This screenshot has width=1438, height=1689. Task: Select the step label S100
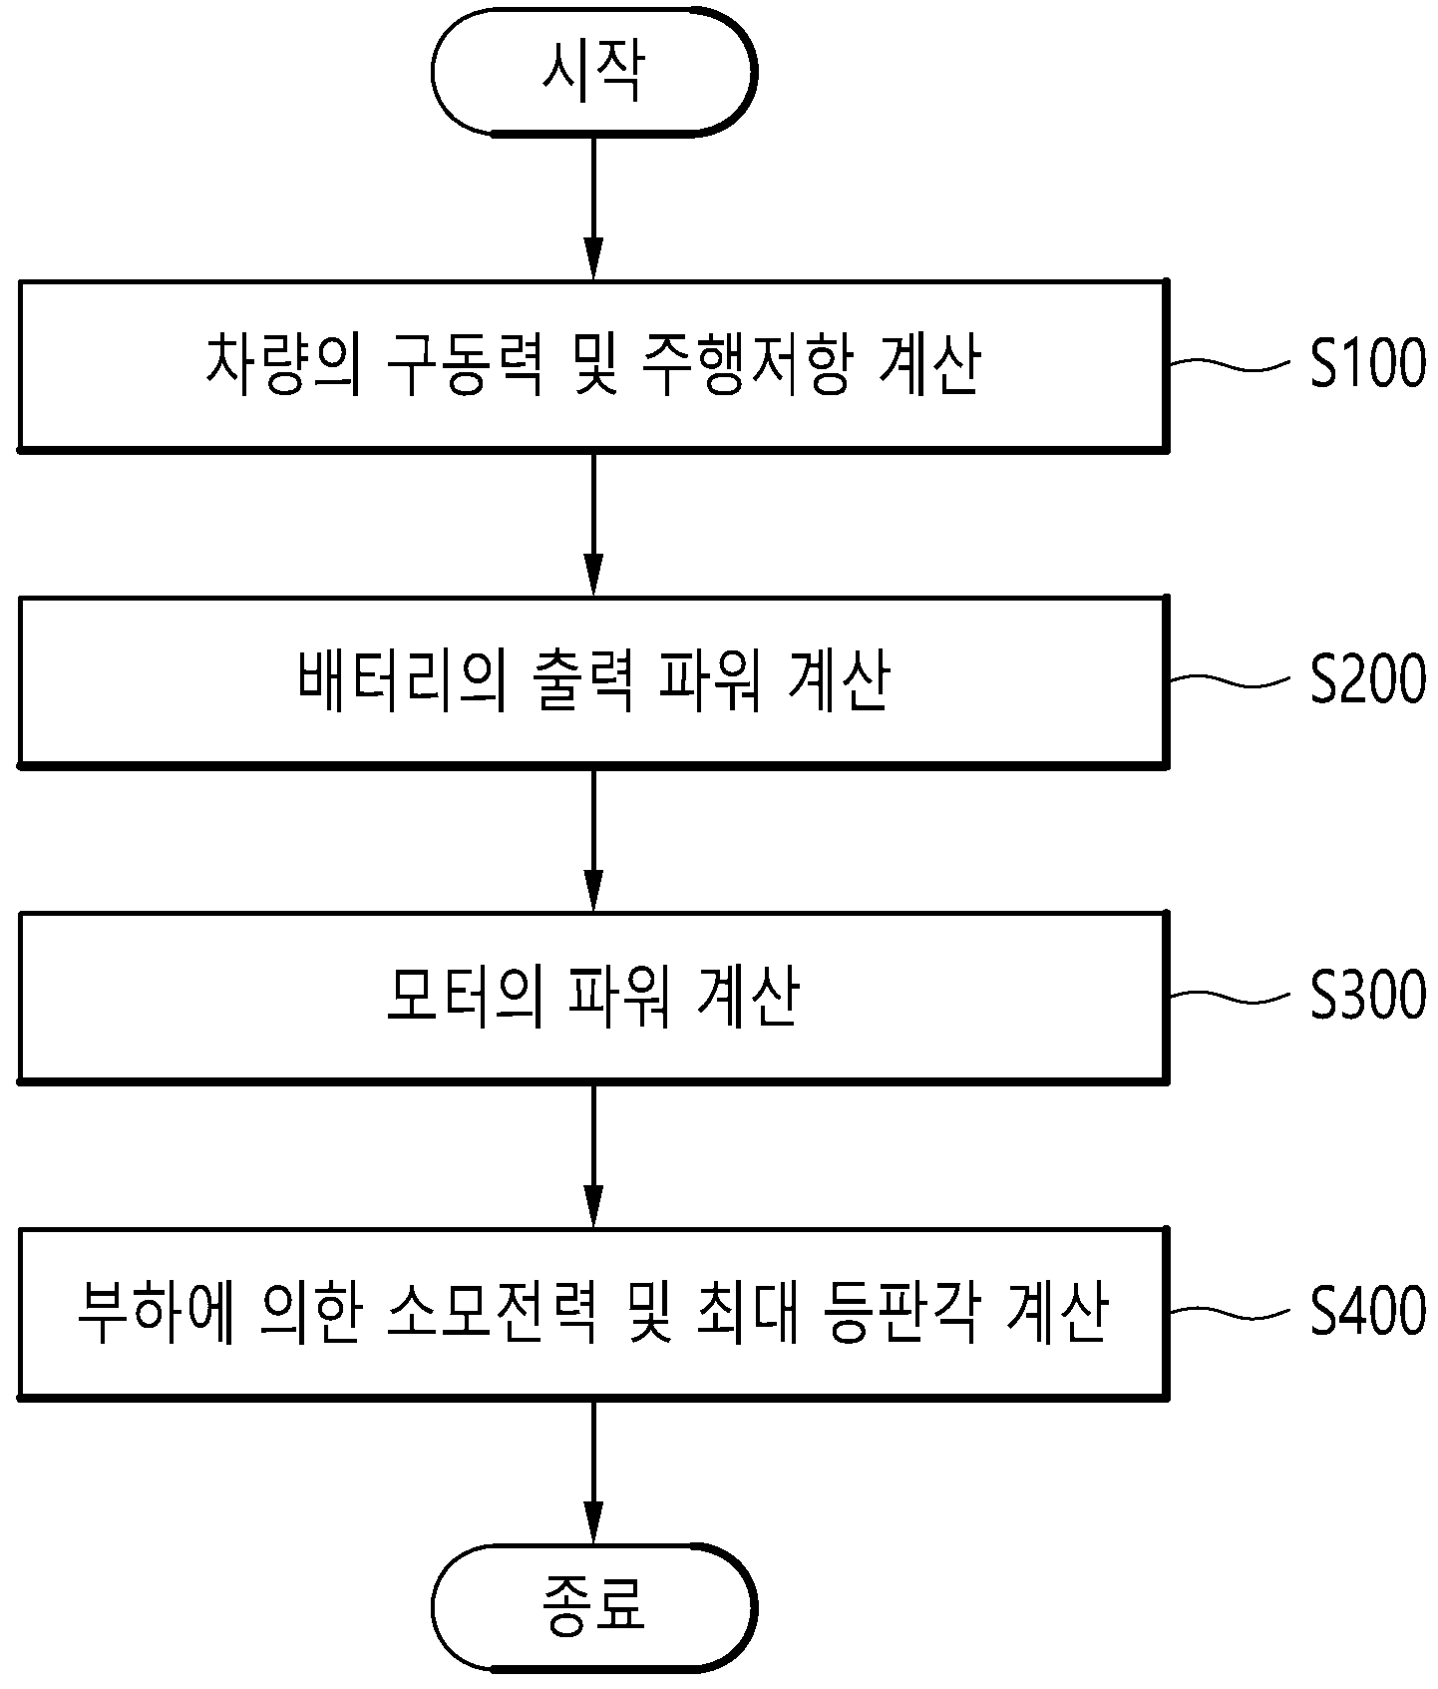click(1367, 364)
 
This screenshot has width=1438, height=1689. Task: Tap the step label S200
click(1367, 680)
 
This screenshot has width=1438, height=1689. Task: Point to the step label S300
click(1367, 996)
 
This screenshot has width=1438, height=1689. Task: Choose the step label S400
click(1367, 1311)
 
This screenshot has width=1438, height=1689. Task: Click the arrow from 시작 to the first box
click(593, 208)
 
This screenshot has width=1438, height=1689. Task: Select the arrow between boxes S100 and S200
click(593, 524)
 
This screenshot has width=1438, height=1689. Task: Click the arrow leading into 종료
click(593, 1472)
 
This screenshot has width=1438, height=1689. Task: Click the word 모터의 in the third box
click(464, 996)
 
